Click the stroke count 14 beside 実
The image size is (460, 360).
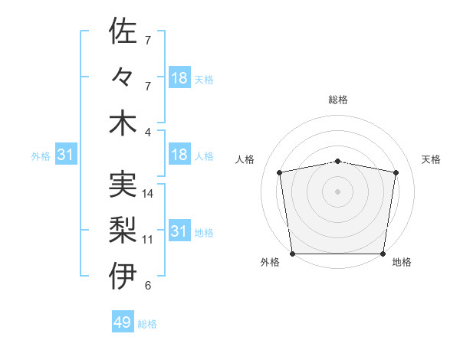148,194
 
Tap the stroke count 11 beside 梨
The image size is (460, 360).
148,240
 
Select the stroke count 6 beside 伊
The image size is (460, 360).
147,286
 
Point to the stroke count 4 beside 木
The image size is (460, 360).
148,133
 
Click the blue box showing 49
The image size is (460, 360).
123,322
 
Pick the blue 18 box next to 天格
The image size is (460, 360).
179,78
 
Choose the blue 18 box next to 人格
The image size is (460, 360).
179,155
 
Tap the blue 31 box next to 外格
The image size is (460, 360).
66,155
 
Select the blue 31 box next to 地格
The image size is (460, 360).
179,231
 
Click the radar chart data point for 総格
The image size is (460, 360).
338,161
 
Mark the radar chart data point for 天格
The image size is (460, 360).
396,172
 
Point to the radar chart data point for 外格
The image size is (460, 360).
292,254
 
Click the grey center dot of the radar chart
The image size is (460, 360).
338,191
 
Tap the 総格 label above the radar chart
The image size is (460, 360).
338,100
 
